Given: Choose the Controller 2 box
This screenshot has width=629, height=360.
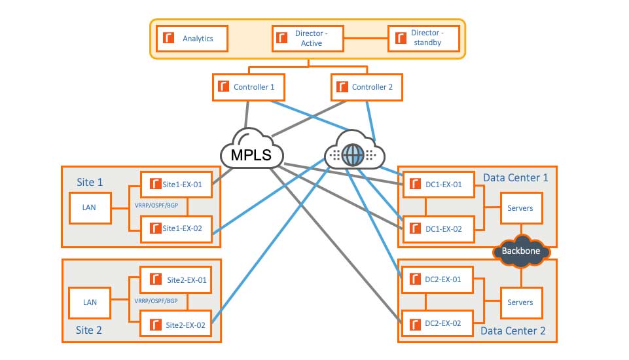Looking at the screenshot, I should (367, 87).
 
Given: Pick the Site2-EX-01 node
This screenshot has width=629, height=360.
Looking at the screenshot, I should (176, 279).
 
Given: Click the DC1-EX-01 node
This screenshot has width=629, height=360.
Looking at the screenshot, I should (436, 185).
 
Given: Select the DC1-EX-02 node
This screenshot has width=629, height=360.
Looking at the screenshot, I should (436, 228).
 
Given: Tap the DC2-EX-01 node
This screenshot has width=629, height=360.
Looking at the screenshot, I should (436, 279).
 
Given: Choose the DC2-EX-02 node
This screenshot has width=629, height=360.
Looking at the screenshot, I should (436, 323).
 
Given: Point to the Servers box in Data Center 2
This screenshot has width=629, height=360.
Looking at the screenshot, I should (520, 302).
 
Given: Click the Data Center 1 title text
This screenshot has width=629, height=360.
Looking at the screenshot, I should (515, 177).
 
